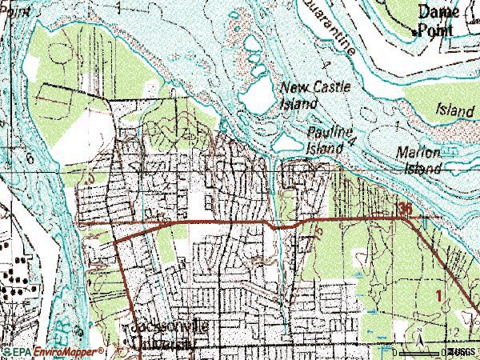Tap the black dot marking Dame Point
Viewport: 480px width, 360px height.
point(414,33)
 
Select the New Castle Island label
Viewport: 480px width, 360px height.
point(314,94)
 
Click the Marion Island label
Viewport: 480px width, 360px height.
point(418,160)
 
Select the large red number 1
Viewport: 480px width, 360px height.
point(438,296)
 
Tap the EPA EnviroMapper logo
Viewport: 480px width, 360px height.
point(53,351)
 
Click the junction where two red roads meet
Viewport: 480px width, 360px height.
point(122,237)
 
